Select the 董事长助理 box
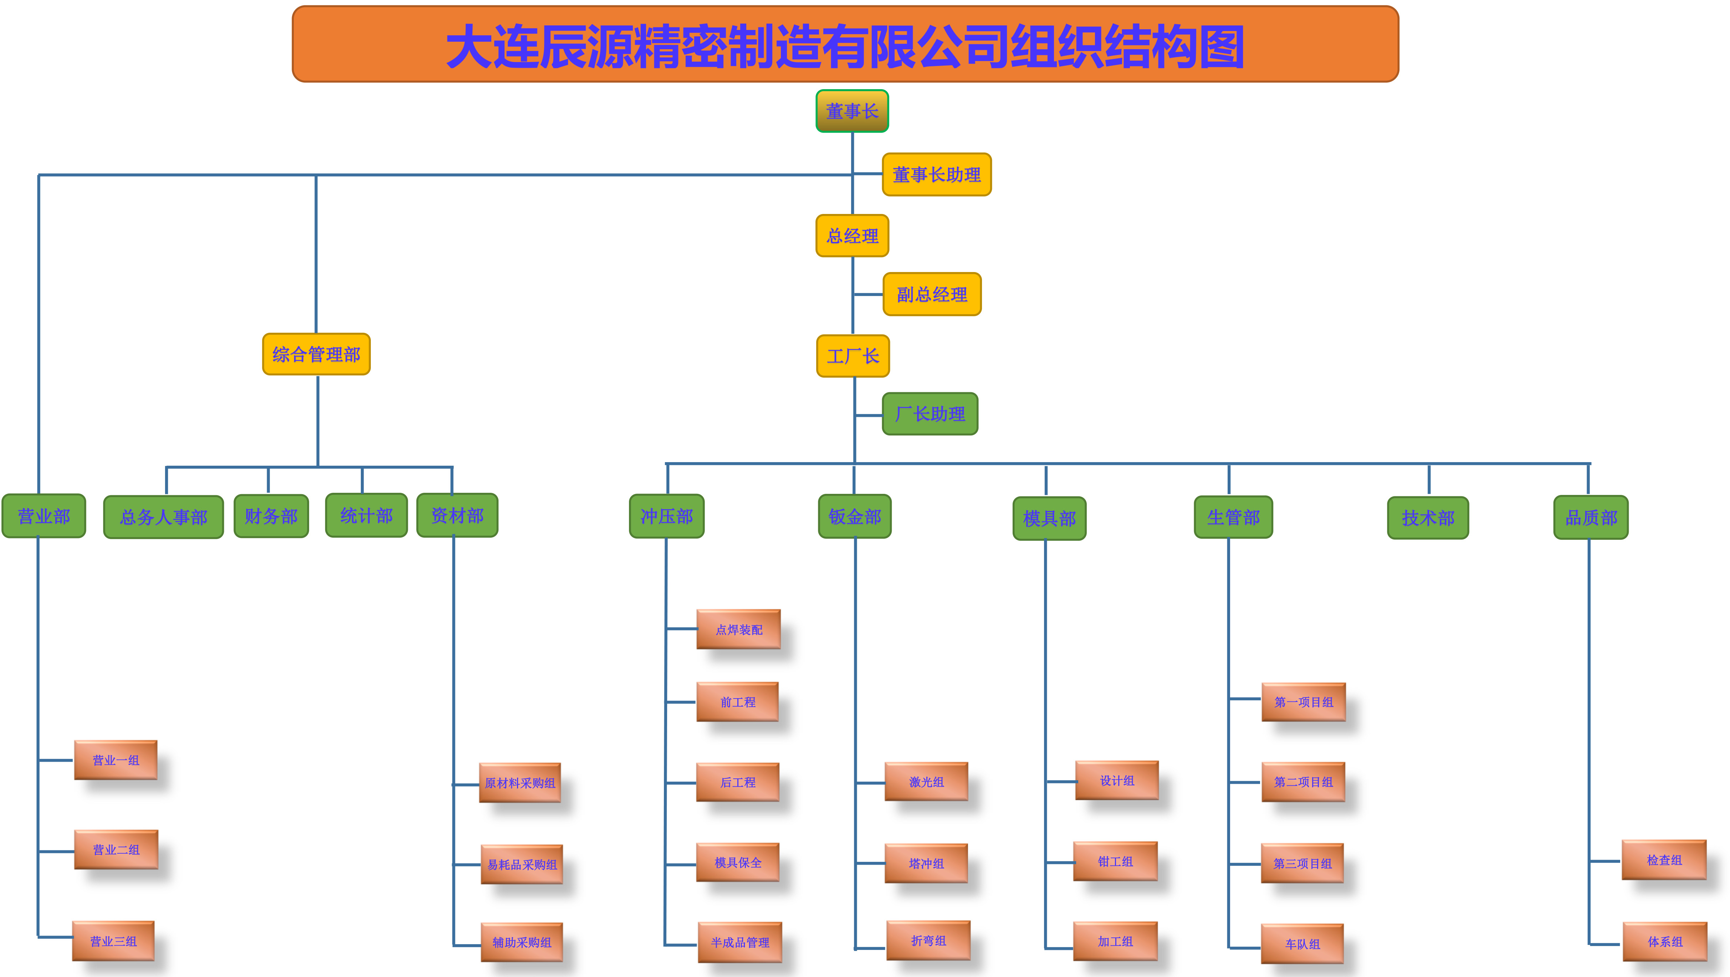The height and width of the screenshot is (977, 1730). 936,175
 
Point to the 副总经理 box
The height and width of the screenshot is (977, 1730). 931,294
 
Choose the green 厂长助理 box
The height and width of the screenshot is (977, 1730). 930,414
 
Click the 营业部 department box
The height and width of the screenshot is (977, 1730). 43,516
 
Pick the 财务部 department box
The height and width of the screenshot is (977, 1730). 271,516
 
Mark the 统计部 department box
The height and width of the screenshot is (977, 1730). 366,515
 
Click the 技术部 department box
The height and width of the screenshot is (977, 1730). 1428,518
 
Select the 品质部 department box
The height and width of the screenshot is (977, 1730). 1591,517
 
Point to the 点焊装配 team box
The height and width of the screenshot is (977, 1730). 738,629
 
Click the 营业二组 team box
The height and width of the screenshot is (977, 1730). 116,849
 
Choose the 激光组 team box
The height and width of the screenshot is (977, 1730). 926,782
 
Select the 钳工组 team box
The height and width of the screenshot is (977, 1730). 1115,861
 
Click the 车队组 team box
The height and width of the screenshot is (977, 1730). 1302,943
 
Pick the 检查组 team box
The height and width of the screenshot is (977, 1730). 1664,859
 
